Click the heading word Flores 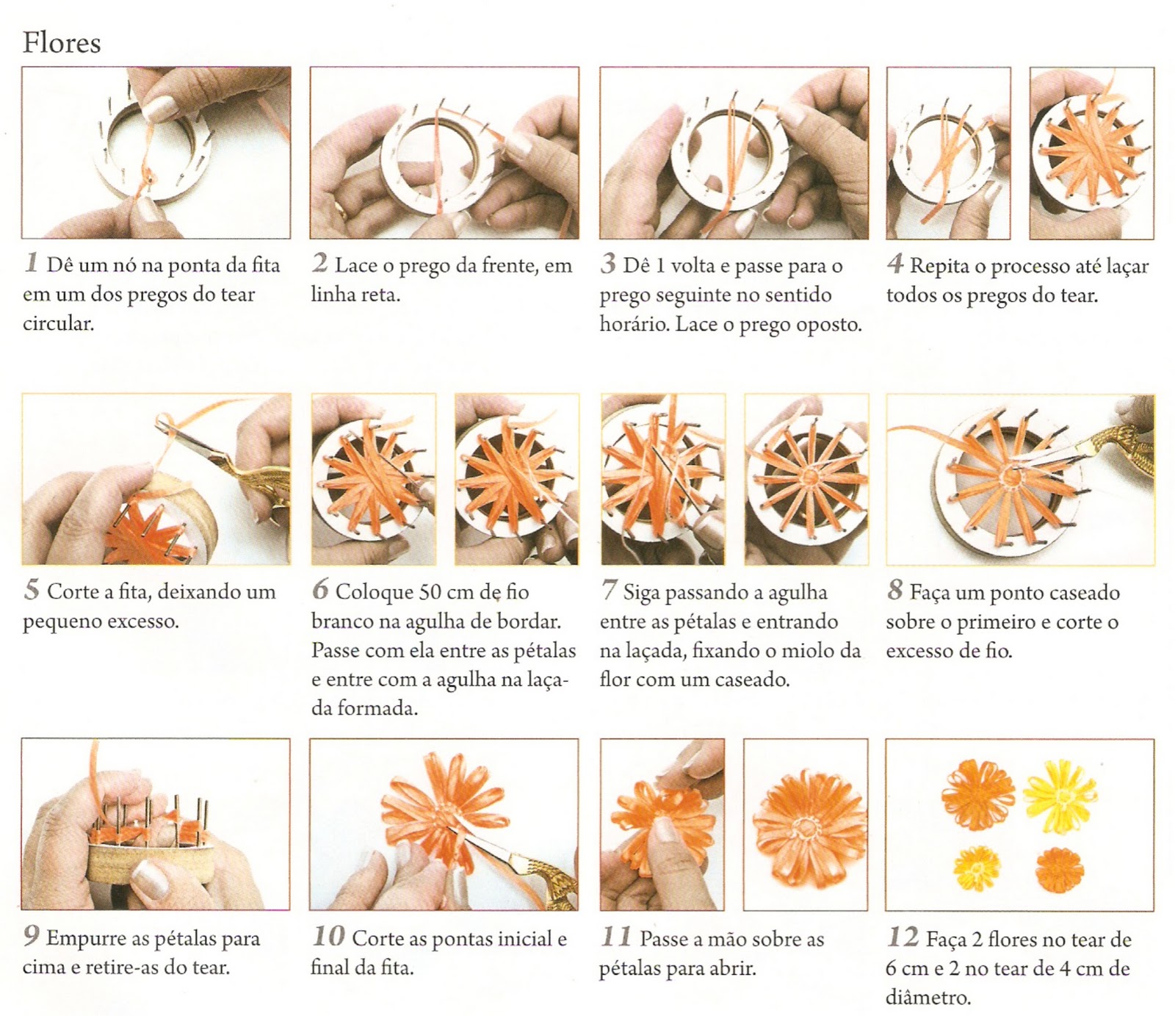62,43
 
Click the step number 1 31,262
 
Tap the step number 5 31,589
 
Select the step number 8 894,589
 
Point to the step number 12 903,937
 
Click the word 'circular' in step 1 58,324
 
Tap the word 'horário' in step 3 632,324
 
